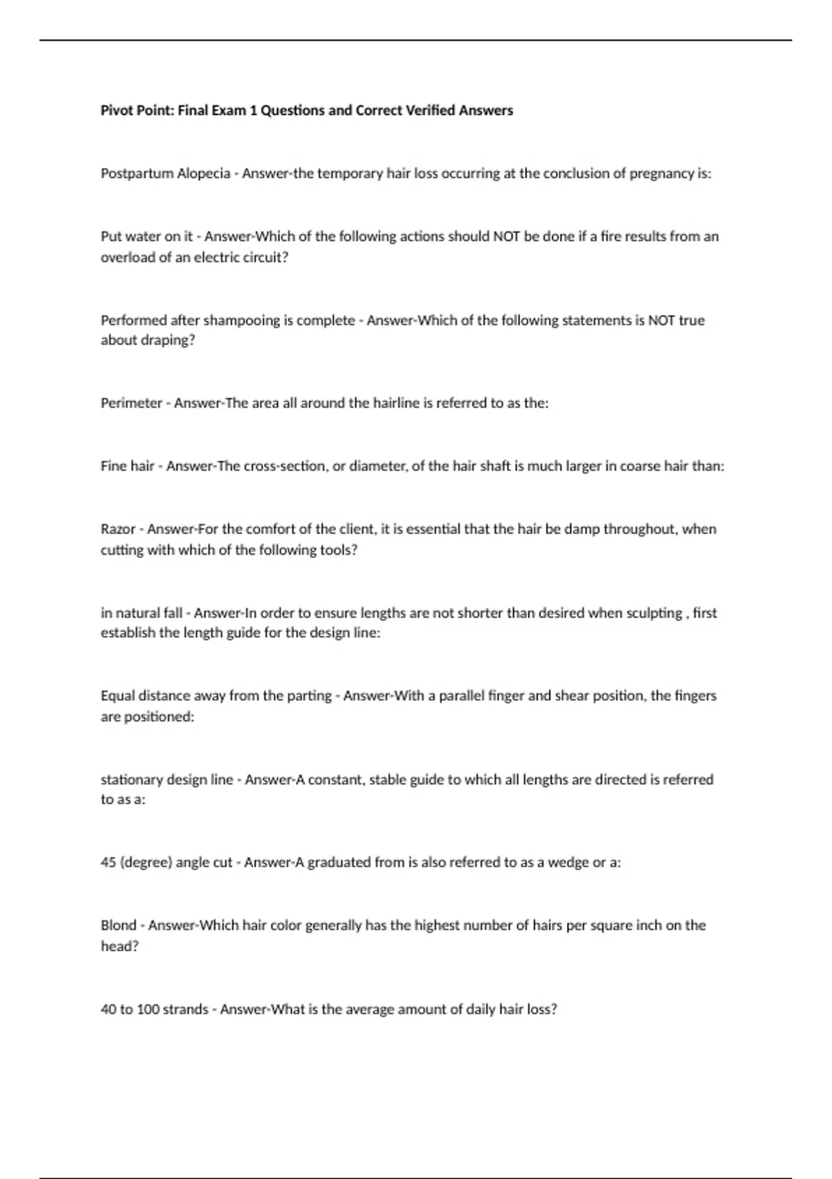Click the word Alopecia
pos(203,173)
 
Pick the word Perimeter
pos(131,403)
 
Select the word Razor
pos(118,529)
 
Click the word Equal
pos(118,696)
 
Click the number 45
pos(108,863)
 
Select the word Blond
pos(119,925)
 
